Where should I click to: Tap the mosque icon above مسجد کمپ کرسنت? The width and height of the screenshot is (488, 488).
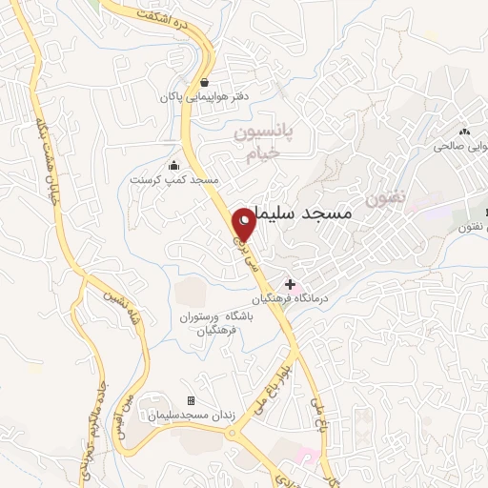click(173, 164)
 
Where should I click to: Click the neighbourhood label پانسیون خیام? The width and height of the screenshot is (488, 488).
click(264, 144)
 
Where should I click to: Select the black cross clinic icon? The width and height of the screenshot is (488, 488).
click(291, 283)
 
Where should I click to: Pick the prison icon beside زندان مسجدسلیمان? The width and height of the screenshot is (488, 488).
click(191, 400)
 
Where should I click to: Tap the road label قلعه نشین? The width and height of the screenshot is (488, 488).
click(110, 311)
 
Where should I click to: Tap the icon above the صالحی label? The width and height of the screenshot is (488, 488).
click(465, 132)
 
